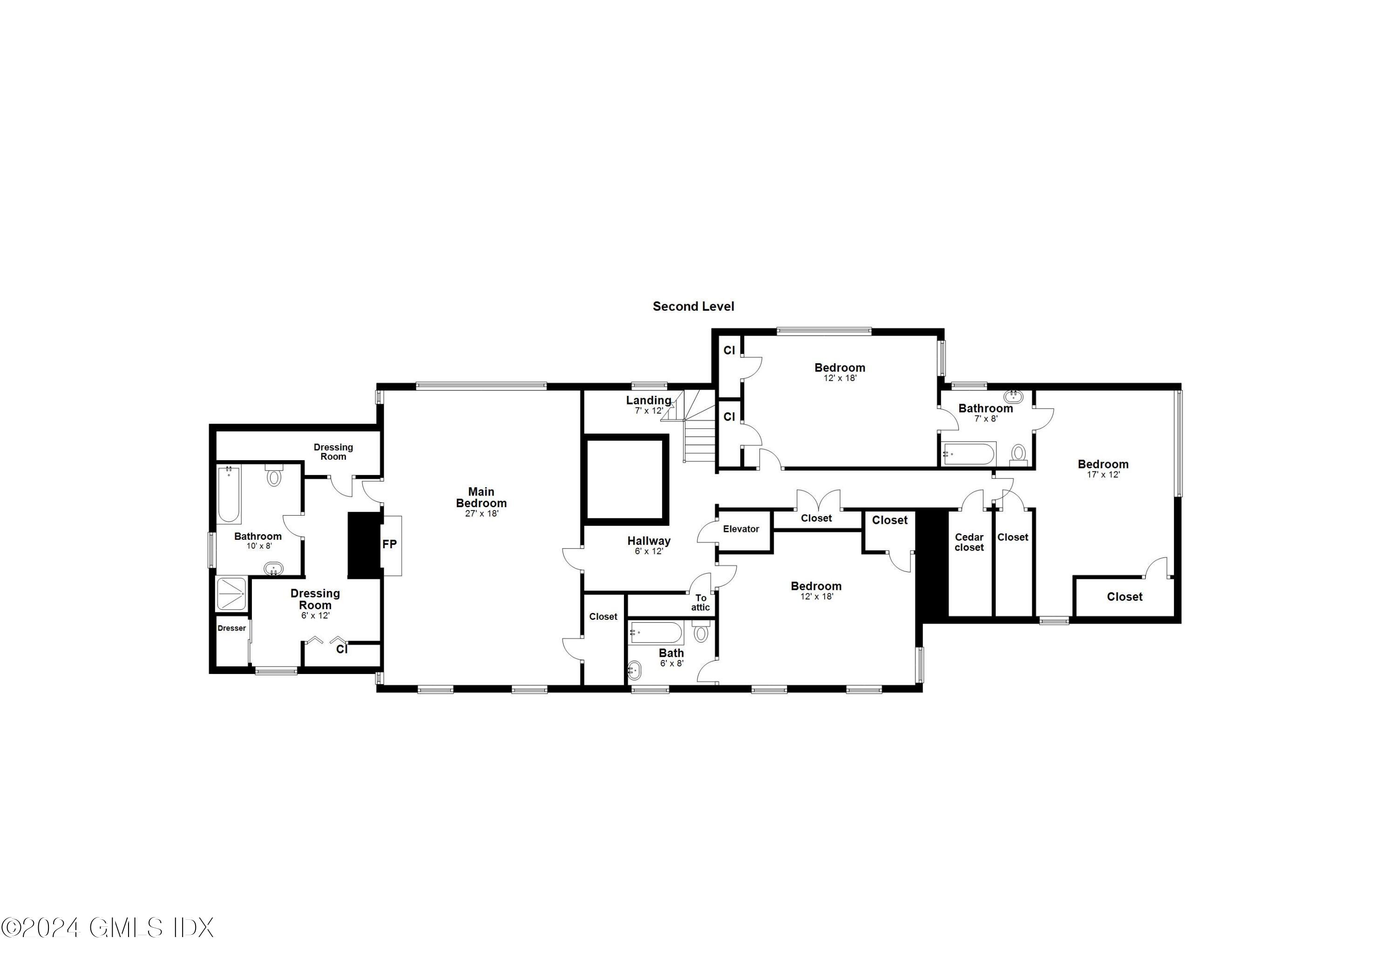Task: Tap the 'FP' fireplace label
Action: pos(389,544)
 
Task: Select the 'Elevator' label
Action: pos(740,529)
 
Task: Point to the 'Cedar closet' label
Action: pos(969,542)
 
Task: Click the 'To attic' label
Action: pos(700,603)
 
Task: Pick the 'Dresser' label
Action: pos(232,628)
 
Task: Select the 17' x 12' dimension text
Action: pos(1103,475)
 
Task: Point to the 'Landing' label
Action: pos(649,400)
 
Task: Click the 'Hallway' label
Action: pos(649,540)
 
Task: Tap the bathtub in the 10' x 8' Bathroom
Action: pos(229,494)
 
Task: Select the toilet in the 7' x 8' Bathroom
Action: pos(1018,454)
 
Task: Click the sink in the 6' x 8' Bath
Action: pos(635,671)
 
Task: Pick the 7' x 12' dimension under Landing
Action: pos(649,411)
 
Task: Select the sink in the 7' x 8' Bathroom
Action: pos(1014,397)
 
